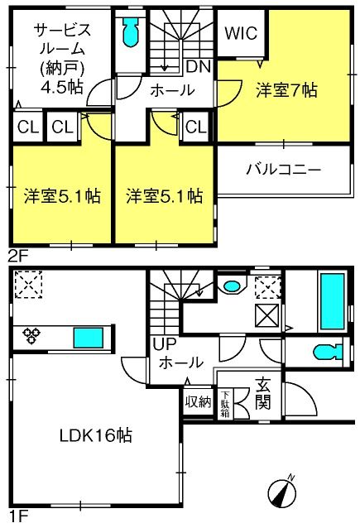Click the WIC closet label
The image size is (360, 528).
pyautogui.click(x=241, y=33)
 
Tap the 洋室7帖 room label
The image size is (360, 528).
pyautogui.click(x=286, y=90)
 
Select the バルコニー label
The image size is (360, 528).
pyautogui.click(x=284, y=169)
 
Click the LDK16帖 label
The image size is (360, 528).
pyautogui.click(x=96, y=435)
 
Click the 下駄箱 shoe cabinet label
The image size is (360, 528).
pyautogui.click(x=224, y=404)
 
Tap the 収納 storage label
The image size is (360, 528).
pyautogui.click(x=198, y=401)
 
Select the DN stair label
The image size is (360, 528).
pyautogui.click(x=199, y=67)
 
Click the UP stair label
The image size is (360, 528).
pyautogui.click(x=165, y=343)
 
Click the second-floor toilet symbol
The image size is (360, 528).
pyautogui.click(x=131, y=31)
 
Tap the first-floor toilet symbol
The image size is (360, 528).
pyautogui.click(x=328, y=353)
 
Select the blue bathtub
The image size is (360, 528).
pyautogui.click(x=333, y=301)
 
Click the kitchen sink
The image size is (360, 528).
pyautogui.click(x=89, y=338)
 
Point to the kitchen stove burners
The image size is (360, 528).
pyautogui.click(x=31, y=336)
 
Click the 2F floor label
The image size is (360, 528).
pyautogui.click(x=17, y=257)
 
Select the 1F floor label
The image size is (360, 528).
pyautogui.click(x=17, y=516)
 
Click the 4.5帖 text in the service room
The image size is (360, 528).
pyautogui.click(x=61, y=88)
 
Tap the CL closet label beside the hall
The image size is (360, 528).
pyautogui.click(x=195, y=127)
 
